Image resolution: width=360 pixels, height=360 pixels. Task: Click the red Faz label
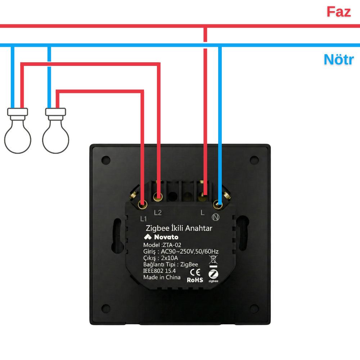point(339,12)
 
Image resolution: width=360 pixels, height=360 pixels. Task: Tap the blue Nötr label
point(339,59)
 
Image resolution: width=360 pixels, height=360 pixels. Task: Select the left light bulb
point(18,131)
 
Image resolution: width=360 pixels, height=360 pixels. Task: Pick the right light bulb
point(55,131)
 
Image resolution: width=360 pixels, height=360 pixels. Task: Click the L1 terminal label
point(144,219)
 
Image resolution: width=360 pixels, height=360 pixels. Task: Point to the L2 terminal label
point(158,213)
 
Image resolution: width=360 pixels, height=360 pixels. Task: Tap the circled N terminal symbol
point(216,217)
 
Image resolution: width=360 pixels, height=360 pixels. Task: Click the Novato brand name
point(166,237)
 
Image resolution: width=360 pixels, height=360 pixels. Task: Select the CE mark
point(195,272)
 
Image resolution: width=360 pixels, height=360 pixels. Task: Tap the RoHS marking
point(195,280)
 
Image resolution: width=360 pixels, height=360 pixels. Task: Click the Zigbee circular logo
point(213,274)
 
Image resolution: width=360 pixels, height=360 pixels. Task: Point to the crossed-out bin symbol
point(213,260)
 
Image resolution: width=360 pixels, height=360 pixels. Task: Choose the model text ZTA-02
point(172,245)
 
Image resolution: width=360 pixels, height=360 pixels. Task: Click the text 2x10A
point(170,258)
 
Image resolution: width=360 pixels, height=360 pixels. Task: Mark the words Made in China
point(162,277)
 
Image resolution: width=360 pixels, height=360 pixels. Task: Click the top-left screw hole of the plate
point(106,160)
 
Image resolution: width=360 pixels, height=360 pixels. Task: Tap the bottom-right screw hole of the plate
point(254,309)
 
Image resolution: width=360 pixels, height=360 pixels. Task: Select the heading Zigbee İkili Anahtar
point(179,228)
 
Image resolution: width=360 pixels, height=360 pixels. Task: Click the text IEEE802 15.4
point(159,271)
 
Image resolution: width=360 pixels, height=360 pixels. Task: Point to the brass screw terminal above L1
point(143,204)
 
